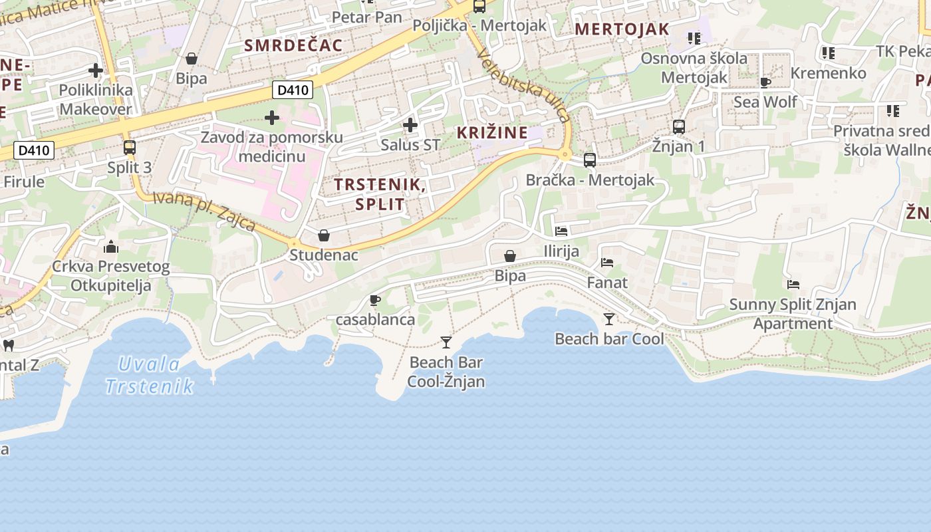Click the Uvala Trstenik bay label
pos(150,375)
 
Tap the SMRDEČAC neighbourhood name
pos(293,45)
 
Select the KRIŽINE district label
pos(492,132)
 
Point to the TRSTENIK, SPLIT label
pos(380,194)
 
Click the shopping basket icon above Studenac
pos(324,235)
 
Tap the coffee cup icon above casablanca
pos(375,300)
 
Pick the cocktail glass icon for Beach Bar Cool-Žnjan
pos(446,342)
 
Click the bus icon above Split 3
pos(130,148)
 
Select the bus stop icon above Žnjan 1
pos(679,126)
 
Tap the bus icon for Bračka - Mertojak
pos(590,160)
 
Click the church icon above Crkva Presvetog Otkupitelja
pos(111,247)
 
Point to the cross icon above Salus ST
pos(410,124)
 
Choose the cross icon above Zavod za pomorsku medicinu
pos(272,118)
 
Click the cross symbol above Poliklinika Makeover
pos(96,70)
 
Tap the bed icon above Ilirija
pos(561,231)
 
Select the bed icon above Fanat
pos(607,263)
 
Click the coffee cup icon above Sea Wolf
pos(765,82)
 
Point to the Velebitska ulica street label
pos(525,86)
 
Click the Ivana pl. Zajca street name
pos(204,211)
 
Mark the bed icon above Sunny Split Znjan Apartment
pos(793,285)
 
